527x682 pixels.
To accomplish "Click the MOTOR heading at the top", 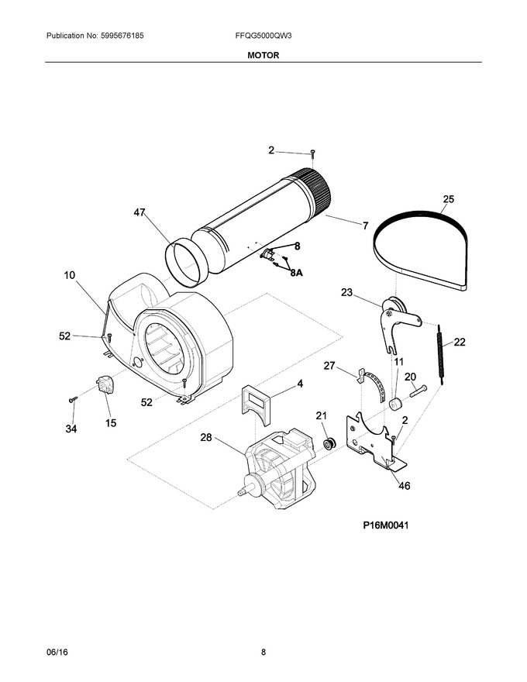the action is coord(263,55).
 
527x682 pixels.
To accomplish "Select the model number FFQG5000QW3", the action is coord(263,36).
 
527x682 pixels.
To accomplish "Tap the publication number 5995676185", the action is coord(122,36).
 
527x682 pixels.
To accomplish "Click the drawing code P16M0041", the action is coord(386,525).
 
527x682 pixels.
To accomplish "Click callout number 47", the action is coord(139,212).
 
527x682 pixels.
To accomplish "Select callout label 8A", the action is coord(296,273).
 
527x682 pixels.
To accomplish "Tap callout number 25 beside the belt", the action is coord(448,199).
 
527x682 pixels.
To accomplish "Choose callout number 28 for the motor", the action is coord(205,438).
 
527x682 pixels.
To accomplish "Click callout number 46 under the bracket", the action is coord(405,485).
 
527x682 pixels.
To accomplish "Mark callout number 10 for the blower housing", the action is coord(70,275).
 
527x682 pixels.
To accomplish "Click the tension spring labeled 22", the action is coord(440,355).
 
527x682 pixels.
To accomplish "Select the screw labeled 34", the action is coord(73,399).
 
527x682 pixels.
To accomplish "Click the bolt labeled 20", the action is coord(418,391).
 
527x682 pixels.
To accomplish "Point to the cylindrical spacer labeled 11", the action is coord(395,404).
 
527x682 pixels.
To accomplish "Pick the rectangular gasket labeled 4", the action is coord(255,405).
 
